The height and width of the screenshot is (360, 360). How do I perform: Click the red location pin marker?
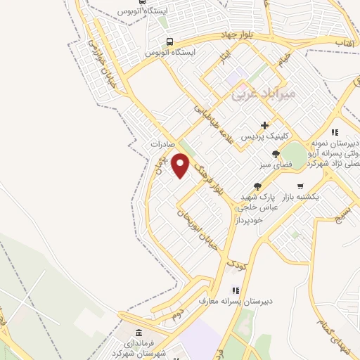pos(181,166)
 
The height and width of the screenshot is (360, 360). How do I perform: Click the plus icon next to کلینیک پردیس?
pos(264,125)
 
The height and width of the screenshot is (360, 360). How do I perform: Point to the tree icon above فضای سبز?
pos(276,154)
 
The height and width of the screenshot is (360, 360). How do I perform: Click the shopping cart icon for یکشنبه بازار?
pos(300,186)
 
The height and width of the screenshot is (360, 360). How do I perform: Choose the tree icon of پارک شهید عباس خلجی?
pos(258,186)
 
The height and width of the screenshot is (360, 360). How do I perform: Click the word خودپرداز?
pos(251,219)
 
